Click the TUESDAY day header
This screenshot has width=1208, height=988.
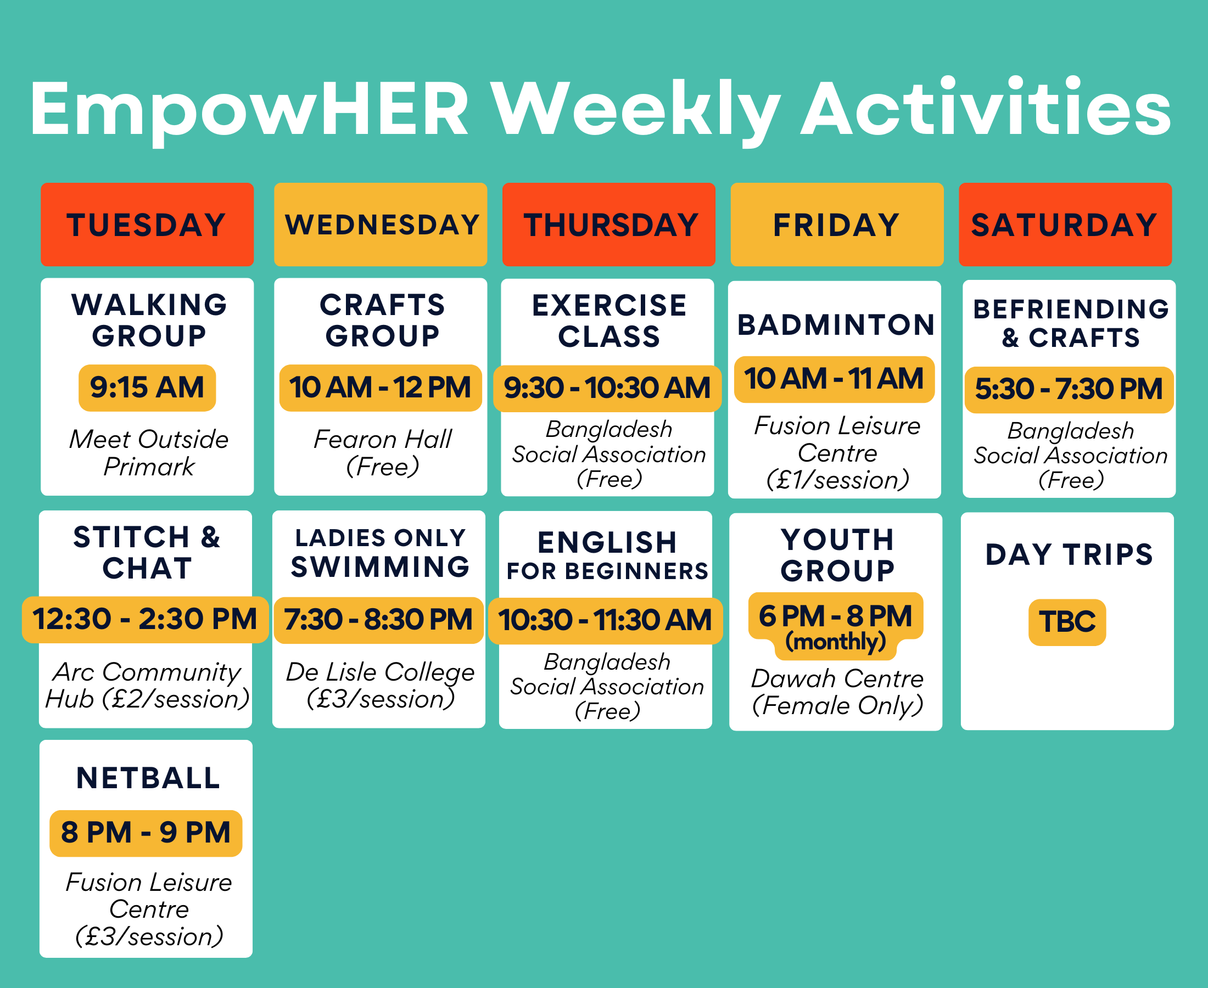(x=147, y=224)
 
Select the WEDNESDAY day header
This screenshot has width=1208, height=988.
(x=381, y=224)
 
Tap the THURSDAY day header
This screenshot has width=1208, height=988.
(x=608, y=224)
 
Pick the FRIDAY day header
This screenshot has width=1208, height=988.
(x=837, y=224)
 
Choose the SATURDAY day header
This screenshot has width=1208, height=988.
(x=1065, y=224)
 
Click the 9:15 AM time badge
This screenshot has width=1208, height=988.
(x=147, y=388)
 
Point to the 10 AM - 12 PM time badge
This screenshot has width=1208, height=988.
(x=381, y=388)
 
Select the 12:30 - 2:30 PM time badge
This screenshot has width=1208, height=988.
(x=145, y=620)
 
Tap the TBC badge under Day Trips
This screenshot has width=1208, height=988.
(x=1067, y=622)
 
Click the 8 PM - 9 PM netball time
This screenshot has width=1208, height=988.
(x=146, y=833)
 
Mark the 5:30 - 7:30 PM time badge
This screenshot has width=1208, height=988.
(x=1069, y=389)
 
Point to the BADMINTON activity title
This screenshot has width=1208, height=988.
(x=836, y=325)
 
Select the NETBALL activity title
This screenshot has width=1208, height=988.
(x=148, y=778)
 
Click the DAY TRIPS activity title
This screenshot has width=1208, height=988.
(x=1069, y=554)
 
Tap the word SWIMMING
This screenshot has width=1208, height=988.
(x=381, y=567)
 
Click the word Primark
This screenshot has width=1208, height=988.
(x=149, y=467)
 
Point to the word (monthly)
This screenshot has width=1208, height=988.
(x=836, y=642)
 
